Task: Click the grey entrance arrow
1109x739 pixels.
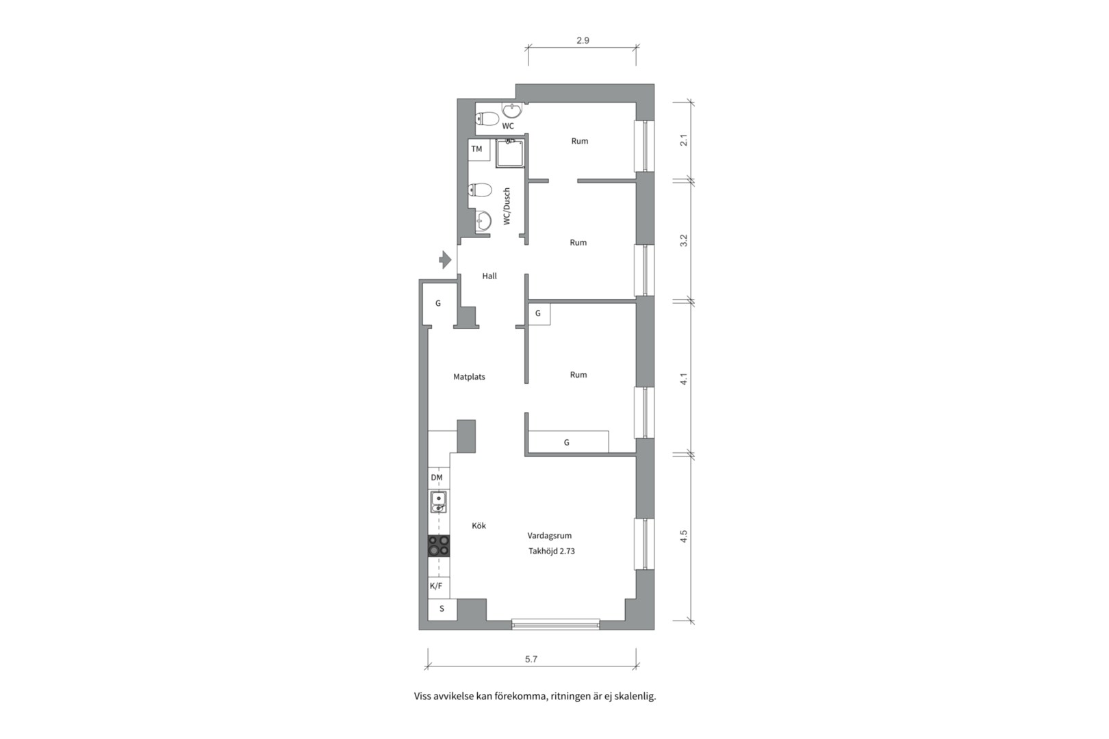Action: pyautogui.click(x=445, y=259)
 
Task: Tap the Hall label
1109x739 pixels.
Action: pyautogui.click(x=489, y=276)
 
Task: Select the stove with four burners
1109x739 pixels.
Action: pyautogui.click(x=439, y=546)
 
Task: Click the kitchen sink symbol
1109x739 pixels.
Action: pyautogui.click(x=439, y=502)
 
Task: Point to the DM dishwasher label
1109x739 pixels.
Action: pyautogui.click(x=437, y=478)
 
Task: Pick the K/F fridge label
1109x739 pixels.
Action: pyautogui.click(x=436, y=586)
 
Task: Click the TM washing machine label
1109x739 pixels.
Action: pyautogui.click(x=476, y=149)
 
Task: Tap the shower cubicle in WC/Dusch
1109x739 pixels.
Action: pyautogui.click(x=510, y=153)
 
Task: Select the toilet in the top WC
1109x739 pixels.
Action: pyautogui.click(x=487, y=119)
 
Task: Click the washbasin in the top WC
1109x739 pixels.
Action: pyautogui.click(x=512, y=110)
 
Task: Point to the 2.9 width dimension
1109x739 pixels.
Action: pyautogui.click(x=583, y=40)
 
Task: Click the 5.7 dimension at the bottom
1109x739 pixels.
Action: pyautogui.click(x=531, y=660)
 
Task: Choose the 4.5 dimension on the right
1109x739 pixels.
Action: pyautogui.click(x=684, y=536)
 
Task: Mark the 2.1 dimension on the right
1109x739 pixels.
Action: pyautogui.click(x=684, y=140)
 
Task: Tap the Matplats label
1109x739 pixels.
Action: pyautogui.click(x=470, y=377)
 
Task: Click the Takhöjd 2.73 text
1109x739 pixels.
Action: pyautogui.click(x=552, y=551)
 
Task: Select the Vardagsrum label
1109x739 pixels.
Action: pyautogui.click(x=550, y=536)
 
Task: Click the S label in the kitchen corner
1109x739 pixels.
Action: pyautogui.click(x=442, y=609)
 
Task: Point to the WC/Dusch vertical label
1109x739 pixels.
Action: pyautogui.click(x=507, y=207)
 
